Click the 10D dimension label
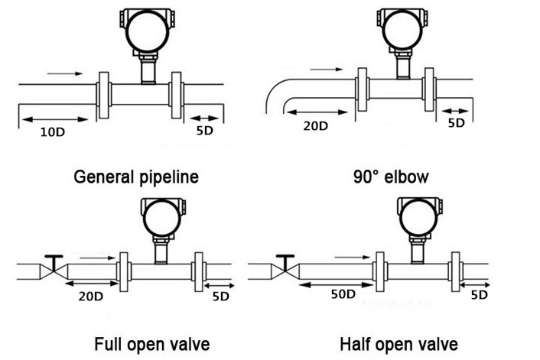click(x=53, y=131)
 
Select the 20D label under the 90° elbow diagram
click(x=314, y=125)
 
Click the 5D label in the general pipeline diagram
click(x=205, y=131)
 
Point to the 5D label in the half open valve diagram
click(x=479, y=294)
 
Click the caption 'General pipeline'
click(x=136, y=177)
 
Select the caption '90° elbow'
click(x=391, y=177)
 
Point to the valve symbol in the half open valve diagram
click(x=285, y=268)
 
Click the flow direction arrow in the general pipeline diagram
click(x=68, y=74)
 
